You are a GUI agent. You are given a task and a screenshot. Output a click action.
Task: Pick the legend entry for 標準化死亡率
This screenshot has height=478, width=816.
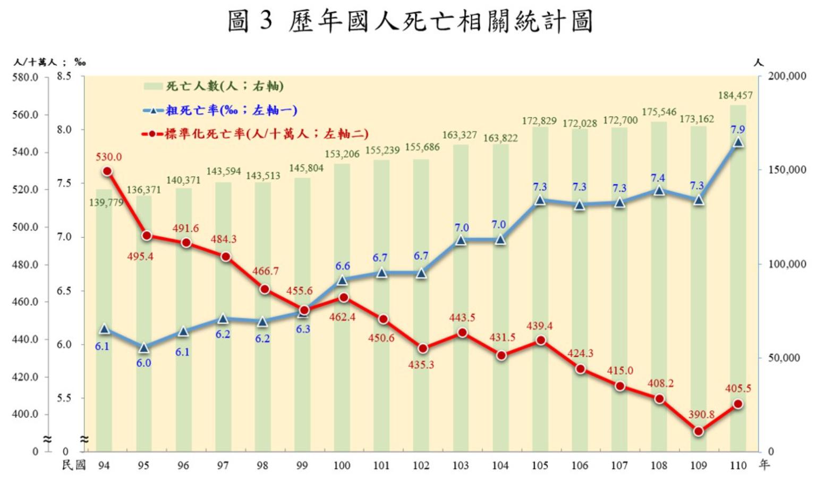[255, 133]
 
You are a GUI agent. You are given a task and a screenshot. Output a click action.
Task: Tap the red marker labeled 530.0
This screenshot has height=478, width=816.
[107, 171]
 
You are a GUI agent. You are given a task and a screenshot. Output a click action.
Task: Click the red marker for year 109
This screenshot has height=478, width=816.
[699, 431]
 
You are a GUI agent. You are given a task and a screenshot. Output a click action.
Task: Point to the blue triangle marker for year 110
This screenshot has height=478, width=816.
[738, 142]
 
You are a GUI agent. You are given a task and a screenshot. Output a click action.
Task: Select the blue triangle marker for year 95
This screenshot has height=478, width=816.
[143, 348]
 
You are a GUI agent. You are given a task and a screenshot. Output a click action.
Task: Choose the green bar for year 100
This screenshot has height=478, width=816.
[342, 372]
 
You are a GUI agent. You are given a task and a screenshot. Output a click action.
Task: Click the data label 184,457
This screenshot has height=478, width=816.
[735, 96]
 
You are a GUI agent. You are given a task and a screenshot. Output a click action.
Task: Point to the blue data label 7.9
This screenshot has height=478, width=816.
[738, 129]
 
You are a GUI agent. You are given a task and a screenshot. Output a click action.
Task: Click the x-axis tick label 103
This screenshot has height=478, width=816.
[461, 466]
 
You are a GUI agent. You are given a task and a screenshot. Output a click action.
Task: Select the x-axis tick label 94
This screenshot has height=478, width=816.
[104, 466]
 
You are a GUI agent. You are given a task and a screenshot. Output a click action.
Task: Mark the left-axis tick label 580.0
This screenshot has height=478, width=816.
[25, 78]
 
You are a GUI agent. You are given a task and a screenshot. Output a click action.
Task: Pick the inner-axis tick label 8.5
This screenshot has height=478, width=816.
[64, 77]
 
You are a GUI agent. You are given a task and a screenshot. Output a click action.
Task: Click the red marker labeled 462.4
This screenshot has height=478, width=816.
[343, 298]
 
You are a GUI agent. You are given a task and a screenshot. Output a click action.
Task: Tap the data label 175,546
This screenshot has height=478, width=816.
[659, 112]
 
